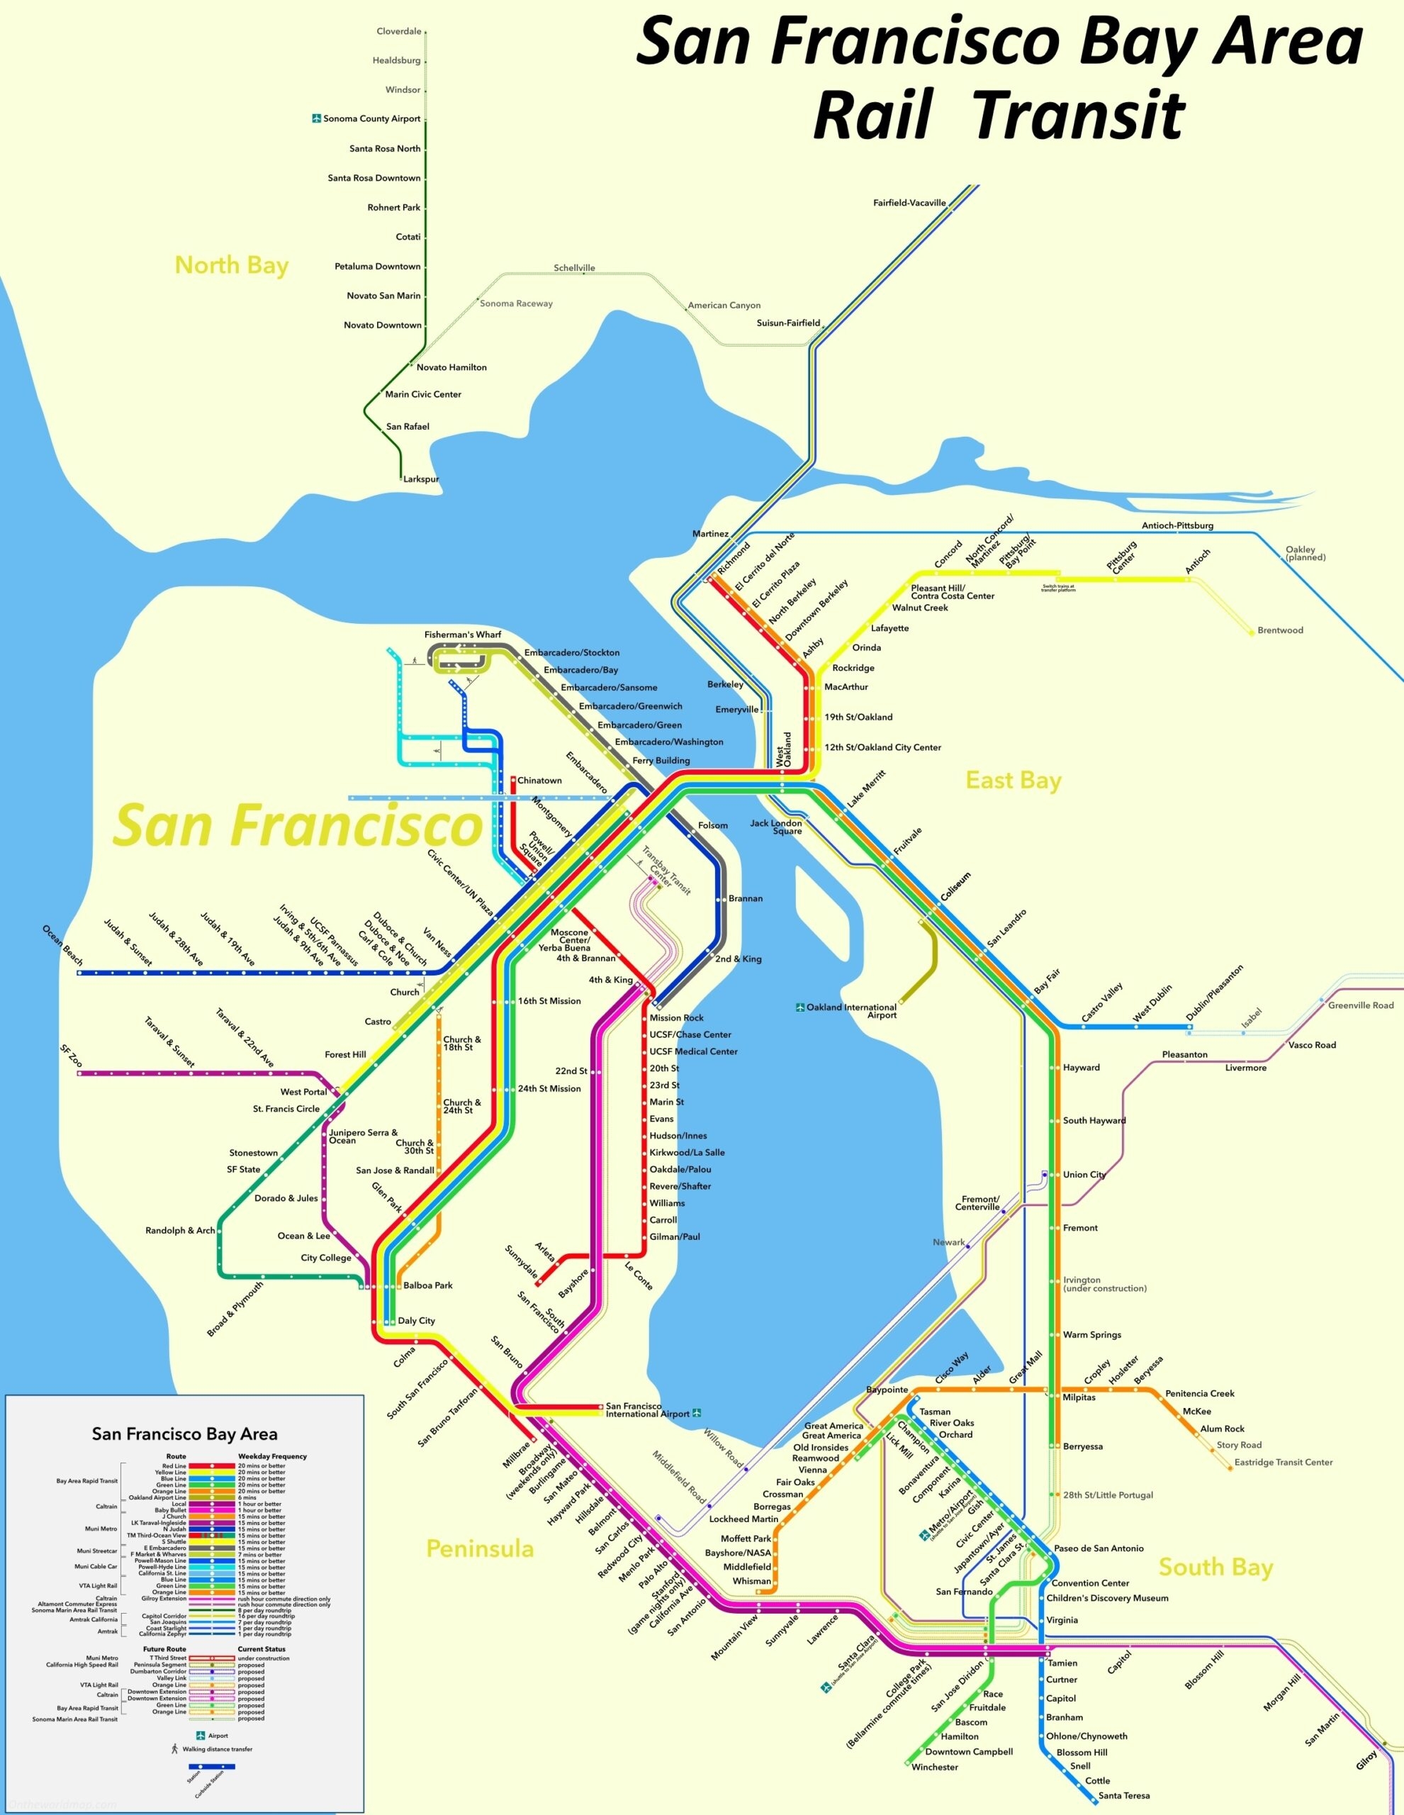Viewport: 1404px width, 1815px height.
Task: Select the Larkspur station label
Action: click(x=420, y=479)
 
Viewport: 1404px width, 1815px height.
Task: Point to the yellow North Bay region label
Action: click(x=231, y=265)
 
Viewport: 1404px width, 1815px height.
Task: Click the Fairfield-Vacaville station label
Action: click(x=910, y=203)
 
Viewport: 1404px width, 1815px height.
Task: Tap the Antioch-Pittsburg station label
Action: click(x=1177, y=525)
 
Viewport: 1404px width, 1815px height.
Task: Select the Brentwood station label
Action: click(x=1280, y=630)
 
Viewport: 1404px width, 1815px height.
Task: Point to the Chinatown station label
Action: click(x=539, y=781)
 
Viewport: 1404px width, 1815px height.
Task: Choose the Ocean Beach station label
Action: click(x=63, y=945)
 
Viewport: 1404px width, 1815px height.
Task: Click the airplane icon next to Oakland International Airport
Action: click(x=800, y=1007)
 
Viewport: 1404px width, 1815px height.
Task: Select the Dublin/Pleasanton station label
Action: click(x=1214, y=993)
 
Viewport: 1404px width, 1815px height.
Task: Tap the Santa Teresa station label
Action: click(x=1124, y=1795)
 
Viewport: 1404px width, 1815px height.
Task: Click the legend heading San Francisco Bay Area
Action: click(x=184, y=1434)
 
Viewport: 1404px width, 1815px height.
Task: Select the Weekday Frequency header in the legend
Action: click(x=272, y=1456)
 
